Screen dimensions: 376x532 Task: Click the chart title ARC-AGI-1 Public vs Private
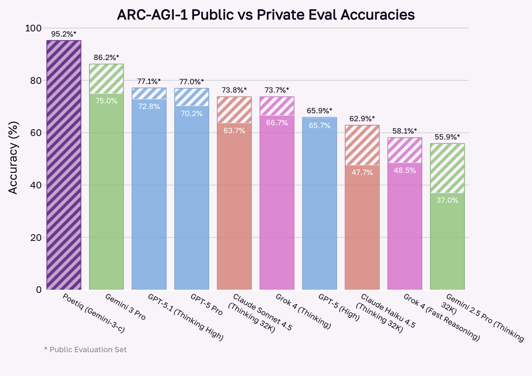click(266, 15)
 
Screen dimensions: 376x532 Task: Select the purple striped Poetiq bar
click(64, 165)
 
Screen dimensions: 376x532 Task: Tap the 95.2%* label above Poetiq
click(64, 34)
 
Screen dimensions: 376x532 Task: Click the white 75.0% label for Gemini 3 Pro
click(106, 101)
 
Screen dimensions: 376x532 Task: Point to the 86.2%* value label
click(106, 58)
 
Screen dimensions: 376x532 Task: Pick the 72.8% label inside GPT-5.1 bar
click(149, 107)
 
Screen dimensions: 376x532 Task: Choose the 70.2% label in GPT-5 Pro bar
click(192, 114)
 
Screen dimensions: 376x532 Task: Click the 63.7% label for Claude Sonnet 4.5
click(234, 130)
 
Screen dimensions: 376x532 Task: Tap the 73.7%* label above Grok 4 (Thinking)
click(277, 90)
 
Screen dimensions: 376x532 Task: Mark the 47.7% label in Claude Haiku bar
click(362, 172)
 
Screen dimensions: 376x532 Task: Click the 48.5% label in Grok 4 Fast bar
click(405, 171)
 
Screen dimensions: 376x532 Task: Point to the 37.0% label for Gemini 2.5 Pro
click(447, 200)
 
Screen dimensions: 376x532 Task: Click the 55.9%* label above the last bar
click(447, 137)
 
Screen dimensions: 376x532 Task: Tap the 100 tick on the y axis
click(33, 28)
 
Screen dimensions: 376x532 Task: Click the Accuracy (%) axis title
click(13, 158)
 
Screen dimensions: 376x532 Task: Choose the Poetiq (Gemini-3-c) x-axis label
click(94, 313)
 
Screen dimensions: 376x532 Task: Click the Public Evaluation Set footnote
click(85, 350)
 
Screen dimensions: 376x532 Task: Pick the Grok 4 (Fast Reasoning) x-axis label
click(441, 318)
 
